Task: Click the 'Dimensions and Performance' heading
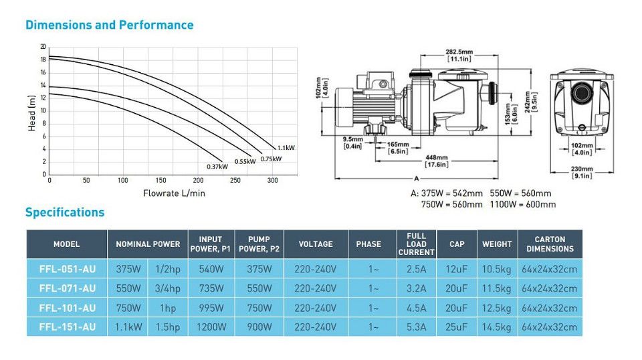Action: (109, 25)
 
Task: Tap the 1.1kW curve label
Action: (286, 148)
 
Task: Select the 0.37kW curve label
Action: (217, 167)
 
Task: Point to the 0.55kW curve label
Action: (245, 161)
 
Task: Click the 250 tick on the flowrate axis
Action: (235, 180)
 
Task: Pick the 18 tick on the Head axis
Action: (43, 60)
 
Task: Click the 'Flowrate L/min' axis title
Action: (174, 193)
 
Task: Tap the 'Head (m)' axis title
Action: (31, 113)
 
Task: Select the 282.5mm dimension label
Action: (459, 56)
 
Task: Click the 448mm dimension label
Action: (437, 161)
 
